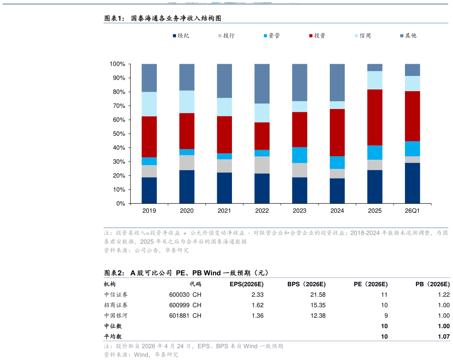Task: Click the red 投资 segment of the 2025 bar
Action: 375,117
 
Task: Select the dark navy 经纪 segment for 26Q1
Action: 412,183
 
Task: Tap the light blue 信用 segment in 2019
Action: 149,104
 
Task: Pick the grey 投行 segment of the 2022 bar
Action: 262,165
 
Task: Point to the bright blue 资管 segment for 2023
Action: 300,155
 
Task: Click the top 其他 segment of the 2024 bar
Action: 337,82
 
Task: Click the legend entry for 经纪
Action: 181,35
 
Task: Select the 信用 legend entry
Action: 363,35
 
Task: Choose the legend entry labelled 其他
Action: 408,35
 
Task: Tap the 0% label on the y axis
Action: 121,203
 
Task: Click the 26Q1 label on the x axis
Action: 412,211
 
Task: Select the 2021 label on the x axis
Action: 224,211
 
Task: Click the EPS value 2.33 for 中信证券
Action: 257,295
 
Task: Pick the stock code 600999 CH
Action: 185,305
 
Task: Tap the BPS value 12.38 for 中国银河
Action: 318,316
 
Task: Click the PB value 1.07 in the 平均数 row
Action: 444,336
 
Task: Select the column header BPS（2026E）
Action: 307,285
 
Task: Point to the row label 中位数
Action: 113,326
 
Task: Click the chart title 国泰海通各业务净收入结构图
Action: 176,18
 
